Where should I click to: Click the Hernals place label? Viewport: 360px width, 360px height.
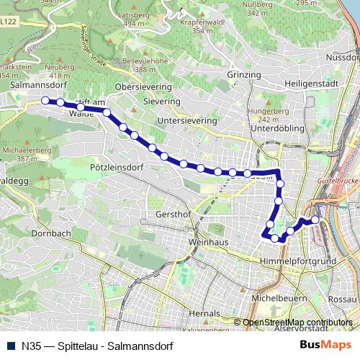(x=204, y=314)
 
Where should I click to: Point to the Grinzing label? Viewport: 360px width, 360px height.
(x=243, y=75)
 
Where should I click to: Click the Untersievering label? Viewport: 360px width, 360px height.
(x=186, y=121)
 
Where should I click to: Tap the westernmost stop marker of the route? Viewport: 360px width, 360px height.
(x=45, y=101)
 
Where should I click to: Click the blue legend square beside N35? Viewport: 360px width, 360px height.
(x=10, y=346)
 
